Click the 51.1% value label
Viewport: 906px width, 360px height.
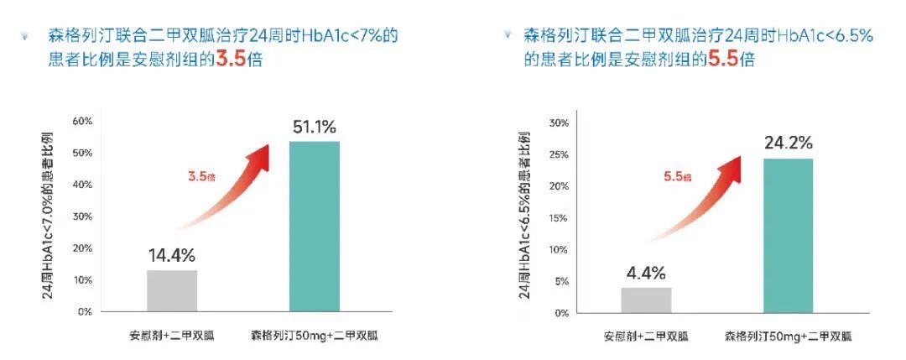(x=314, y=128)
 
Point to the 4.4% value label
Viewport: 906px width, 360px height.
(x=645, y=273)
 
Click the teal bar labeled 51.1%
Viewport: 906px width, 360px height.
(x=314, y=227)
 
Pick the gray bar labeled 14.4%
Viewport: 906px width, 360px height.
(x=172, y=290)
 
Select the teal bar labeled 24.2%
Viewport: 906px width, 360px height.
(x=788, y=236)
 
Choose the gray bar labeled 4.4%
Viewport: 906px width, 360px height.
(x=646, y=300)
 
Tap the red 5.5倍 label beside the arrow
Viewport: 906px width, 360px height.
(x=677, y=177)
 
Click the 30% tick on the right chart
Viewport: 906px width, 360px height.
(x=558, y=123)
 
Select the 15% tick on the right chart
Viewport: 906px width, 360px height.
(x=558, y=218)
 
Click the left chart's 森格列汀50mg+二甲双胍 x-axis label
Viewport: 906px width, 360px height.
(x=314, y=337)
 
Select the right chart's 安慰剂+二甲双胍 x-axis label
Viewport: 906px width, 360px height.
(x=646, y=337)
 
